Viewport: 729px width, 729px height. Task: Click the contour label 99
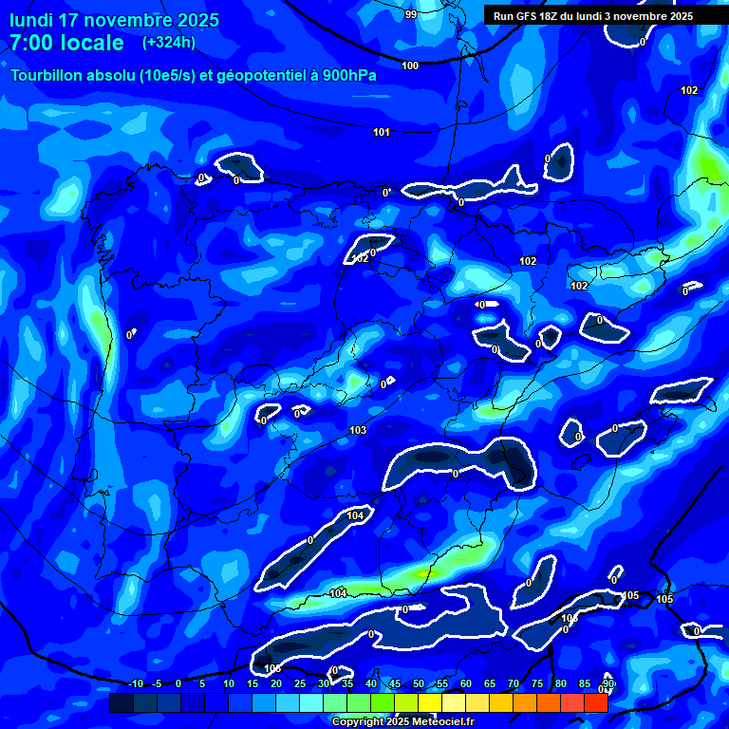point(410,14)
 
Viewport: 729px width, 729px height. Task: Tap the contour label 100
point(410,65)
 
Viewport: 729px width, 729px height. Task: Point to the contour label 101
point(382,132)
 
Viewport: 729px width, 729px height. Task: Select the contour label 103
point(358,430)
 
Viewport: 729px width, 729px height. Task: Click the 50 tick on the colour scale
point(419,684)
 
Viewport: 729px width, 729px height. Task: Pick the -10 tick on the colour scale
point(136,684)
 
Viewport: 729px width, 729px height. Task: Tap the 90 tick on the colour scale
point(607,684)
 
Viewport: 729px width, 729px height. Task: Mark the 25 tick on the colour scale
point(300,684)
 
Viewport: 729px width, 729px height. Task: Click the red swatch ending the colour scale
point(595,702)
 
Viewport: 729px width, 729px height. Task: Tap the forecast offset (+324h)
point(168,43)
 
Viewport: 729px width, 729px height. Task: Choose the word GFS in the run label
point(528,16)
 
